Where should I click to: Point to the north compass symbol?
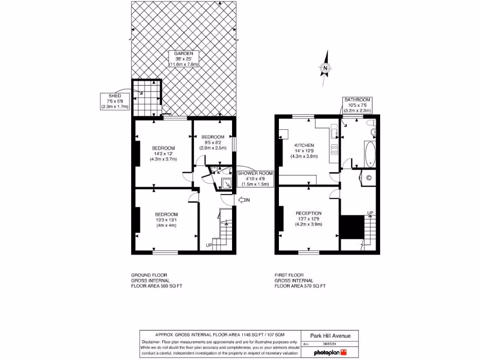[325, 69]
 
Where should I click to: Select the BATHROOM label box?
[357, 105]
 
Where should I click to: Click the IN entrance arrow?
[244, 201]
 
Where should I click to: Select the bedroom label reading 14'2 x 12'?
[163, 153]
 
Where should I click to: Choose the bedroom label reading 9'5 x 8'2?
[213, 142]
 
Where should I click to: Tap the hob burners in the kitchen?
[335, 150]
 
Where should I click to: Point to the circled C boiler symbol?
[368, 178]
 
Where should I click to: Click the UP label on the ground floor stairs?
[209, 245]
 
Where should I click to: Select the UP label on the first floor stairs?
[370, 213]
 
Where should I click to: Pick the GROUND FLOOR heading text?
[149, 275]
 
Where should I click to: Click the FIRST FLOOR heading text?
[289, 275]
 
